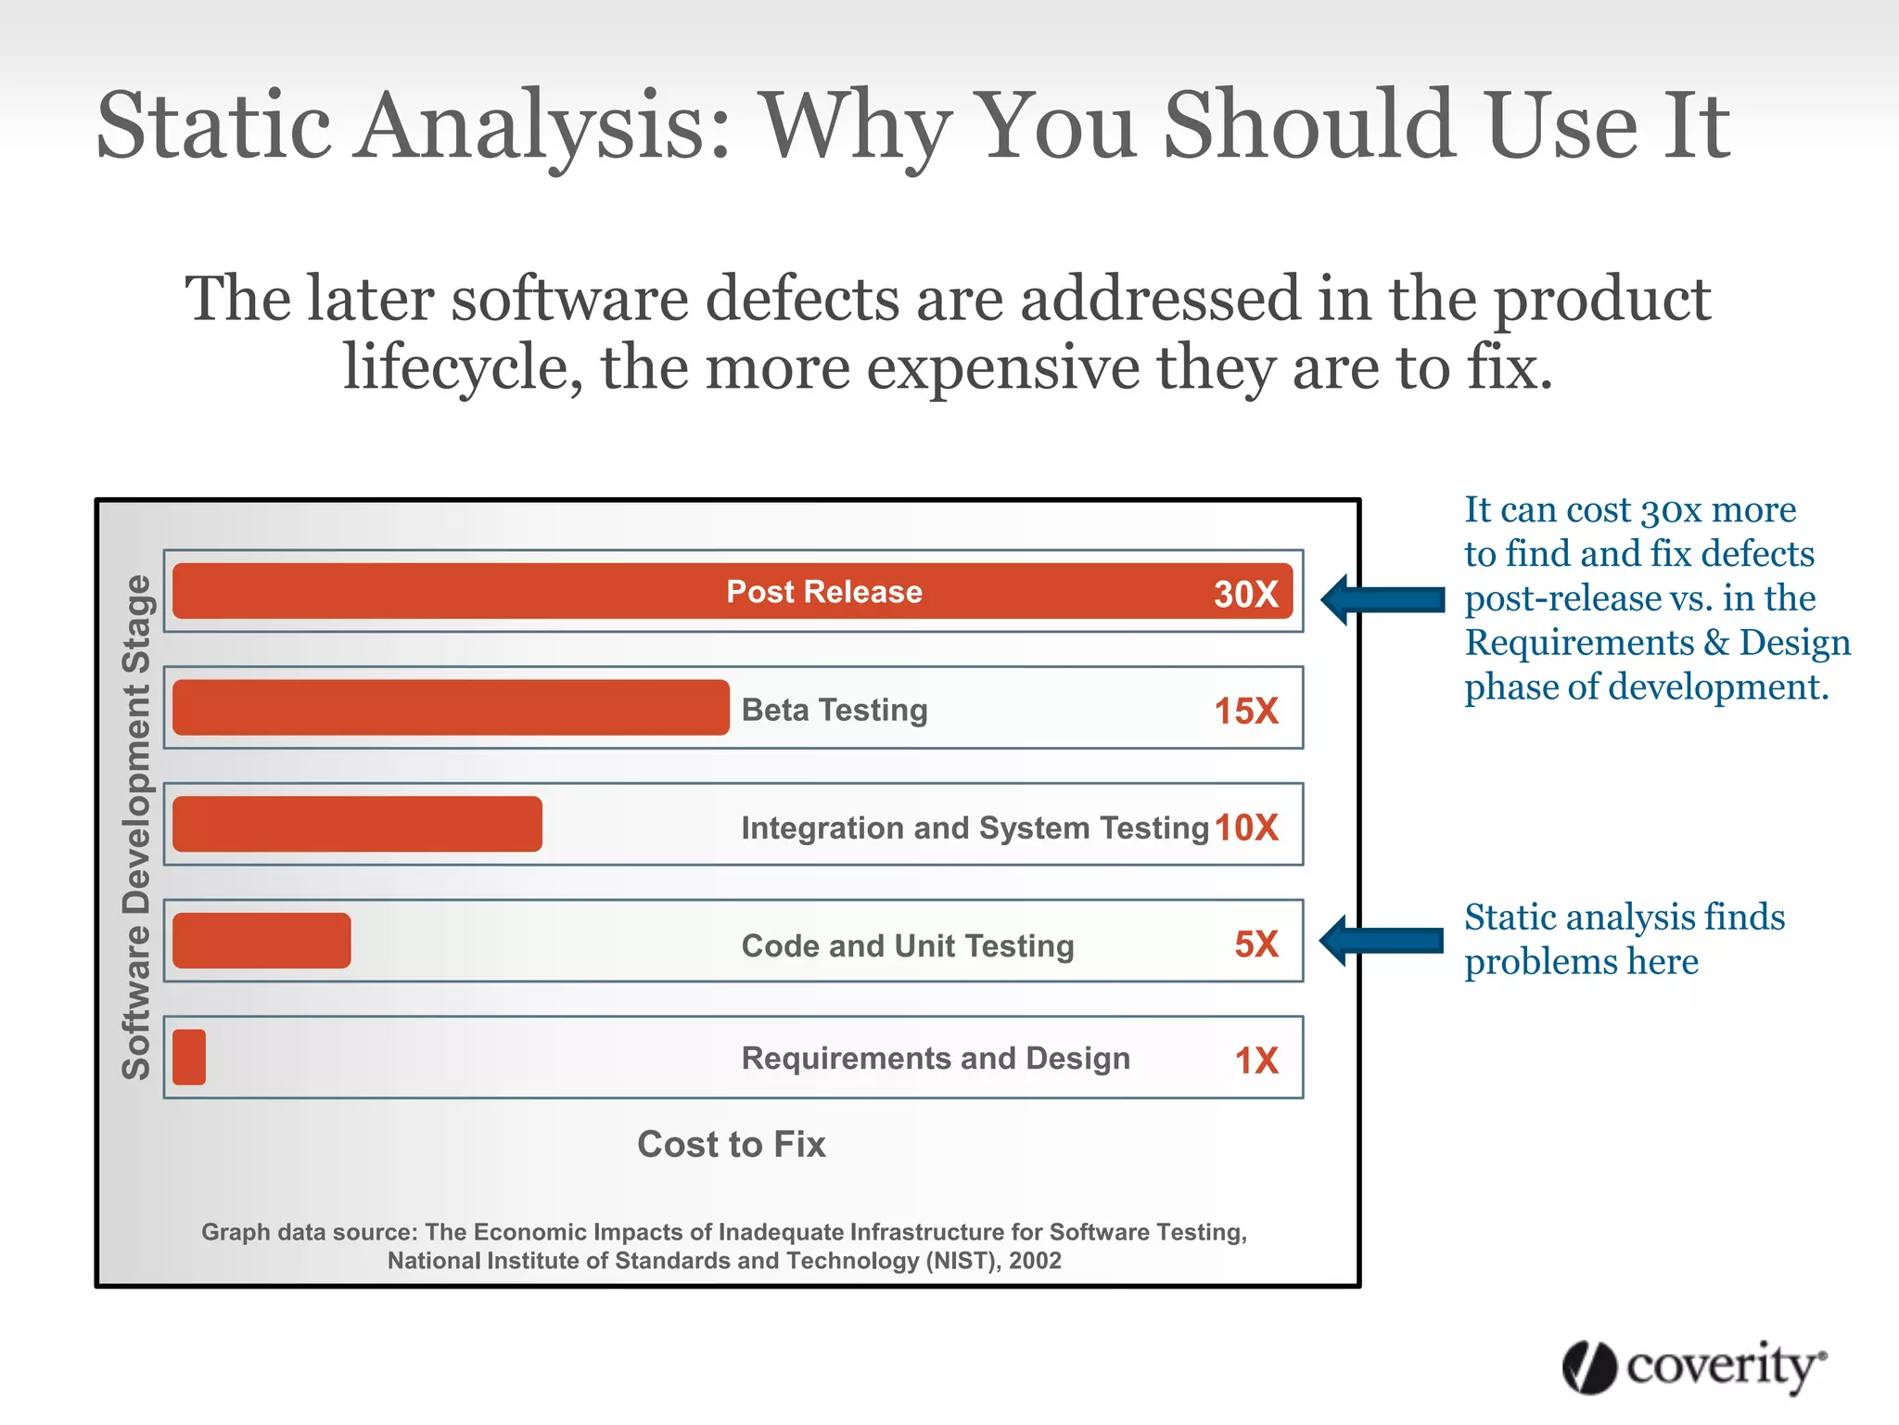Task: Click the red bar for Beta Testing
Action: [451, 708]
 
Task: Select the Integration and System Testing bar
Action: [357, 824]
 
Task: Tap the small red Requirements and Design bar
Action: [189, 1057]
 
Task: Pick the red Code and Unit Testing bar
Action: [261, 941]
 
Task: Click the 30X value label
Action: [1245, 594]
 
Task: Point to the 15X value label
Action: [1245, 711]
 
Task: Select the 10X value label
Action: [1246, 827]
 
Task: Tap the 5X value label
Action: [1255, 944]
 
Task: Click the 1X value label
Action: [1255, 1060]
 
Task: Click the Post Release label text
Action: [823, 592]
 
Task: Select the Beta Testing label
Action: [834, 710]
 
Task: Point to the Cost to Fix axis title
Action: [731, 1144]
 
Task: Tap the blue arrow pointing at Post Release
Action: [1382, 599]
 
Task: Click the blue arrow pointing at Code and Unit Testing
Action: [1381, 941]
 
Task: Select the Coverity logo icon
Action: [1589, 1367]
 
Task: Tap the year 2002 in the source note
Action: [1035, 1261]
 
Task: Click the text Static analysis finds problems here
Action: [1623, 939]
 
